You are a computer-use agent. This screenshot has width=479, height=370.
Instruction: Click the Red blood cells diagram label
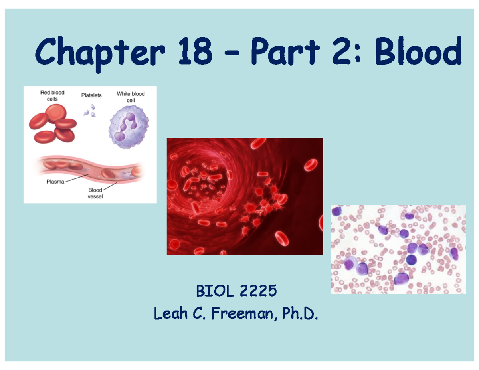coord(52,95)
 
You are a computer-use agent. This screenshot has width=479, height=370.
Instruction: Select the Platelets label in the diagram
coord(91,95)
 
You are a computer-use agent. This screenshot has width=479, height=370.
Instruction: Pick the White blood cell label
coord(131,97)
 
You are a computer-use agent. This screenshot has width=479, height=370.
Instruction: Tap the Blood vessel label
coord(95,193)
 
